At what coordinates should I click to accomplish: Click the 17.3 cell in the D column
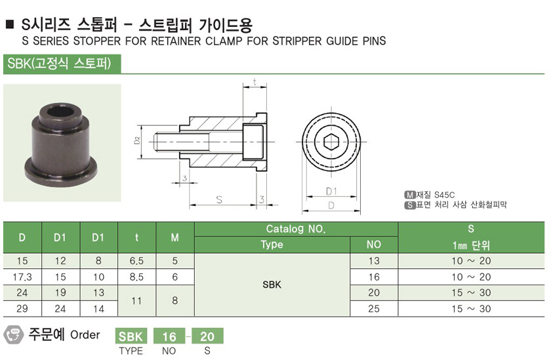tap(22, 277)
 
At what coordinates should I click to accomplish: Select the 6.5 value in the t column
tap(136, 261)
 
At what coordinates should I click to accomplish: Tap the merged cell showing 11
tap(136, 300)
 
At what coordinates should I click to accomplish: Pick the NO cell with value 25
tap(374, 309)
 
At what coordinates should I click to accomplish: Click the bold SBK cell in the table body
tap(272, 285)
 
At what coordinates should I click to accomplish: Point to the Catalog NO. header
tap(296, 229)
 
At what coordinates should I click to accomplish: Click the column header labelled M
tap(174, 238)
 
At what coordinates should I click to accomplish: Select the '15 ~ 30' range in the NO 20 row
tap(471, 292)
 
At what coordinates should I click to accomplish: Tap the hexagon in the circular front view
tap(331, 142)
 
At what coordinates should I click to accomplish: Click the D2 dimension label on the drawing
tap(137, 140)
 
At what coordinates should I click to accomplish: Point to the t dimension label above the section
tap(255, 82)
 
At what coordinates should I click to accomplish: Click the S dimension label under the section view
tap(219, 199)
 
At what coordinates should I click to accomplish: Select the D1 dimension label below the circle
tap(331, 191)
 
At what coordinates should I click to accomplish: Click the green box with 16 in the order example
tap(169, 336)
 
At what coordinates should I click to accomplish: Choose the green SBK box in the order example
tap(131, 336)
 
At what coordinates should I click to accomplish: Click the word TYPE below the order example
tap(131, 351)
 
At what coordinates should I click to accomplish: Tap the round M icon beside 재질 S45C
tap(410, 195)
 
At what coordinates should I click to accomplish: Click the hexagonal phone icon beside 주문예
tap(13, 334)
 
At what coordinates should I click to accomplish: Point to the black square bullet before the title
tap(10, 24)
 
